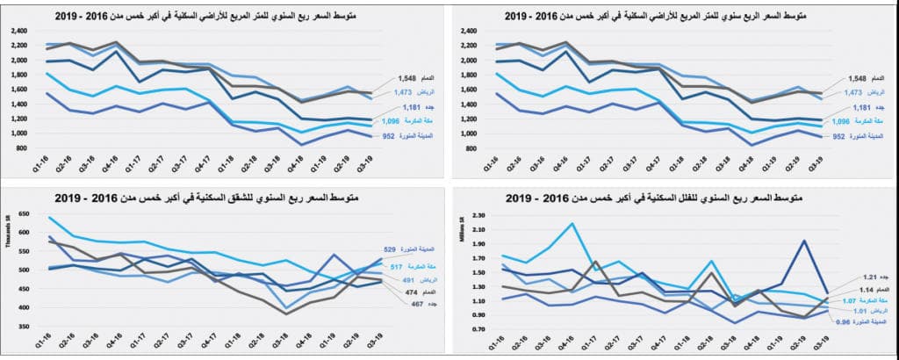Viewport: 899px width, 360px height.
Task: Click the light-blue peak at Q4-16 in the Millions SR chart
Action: [572, 224]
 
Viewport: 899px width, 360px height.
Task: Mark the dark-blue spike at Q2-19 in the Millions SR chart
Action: [804, 241]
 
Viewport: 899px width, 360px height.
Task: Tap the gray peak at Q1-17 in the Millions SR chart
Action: [596, 261]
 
